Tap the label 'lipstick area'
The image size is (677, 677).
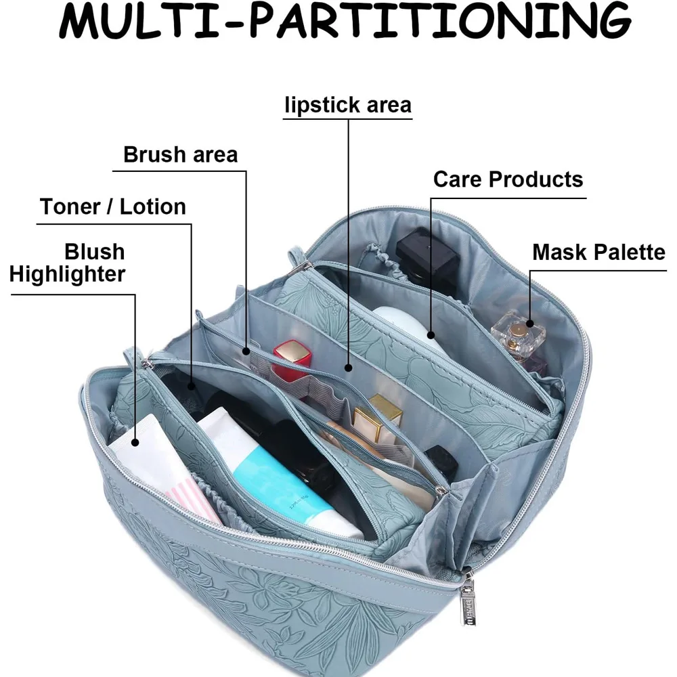click(348, 106)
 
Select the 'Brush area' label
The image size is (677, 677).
click(181, 154)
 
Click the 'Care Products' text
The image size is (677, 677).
click(508, 179)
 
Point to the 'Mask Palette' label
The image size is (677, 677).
click(598, 253)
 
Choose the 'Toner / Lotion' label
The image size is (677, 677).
click(113, 206)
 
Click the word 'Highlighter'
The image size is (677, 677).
click(68, 274)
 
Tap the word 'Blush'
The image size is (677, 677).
click(95, 252)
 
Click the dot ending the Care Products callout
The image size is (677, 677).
click(431, 332)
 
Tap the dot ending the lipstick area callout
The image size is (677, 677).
click(348, 368)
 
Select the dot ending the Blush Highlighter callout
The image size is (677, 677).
click(135, 442)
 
